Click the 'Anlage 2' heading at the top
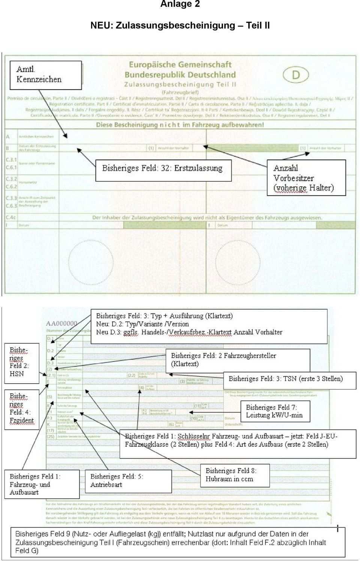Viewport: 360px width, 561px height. point(180,4)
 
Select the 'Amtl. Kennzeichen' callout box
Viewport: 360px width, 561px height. point(45,75)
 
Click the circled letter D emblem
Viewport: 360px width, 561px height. point(296,75)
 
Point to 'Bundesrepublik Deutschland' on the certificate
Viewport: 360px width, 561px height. point(180,75)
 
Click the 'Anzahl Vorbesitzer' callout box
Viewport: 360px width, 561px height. point(306,178)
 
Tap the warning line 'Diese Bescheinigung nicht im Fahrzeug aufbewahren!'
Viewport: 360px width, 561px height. point(180,125)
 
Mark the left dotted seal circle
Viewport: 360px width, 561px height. point(91,262)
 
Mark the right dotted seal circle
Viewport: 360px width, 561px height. point(238,262)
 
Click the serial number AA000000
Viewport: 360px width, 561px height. point(61,324)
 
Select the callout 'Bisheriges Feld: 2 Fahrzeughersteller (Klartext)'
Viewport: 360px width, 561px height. point(238,360)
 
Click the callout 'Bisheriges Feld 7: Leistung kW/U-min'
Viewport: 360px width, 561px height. point(275,411)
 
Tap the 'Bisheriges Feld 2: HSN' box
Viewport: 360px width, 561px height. point(21,363)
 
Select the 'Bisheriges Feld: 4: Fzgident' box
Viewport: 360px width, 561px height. point(21,409)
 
